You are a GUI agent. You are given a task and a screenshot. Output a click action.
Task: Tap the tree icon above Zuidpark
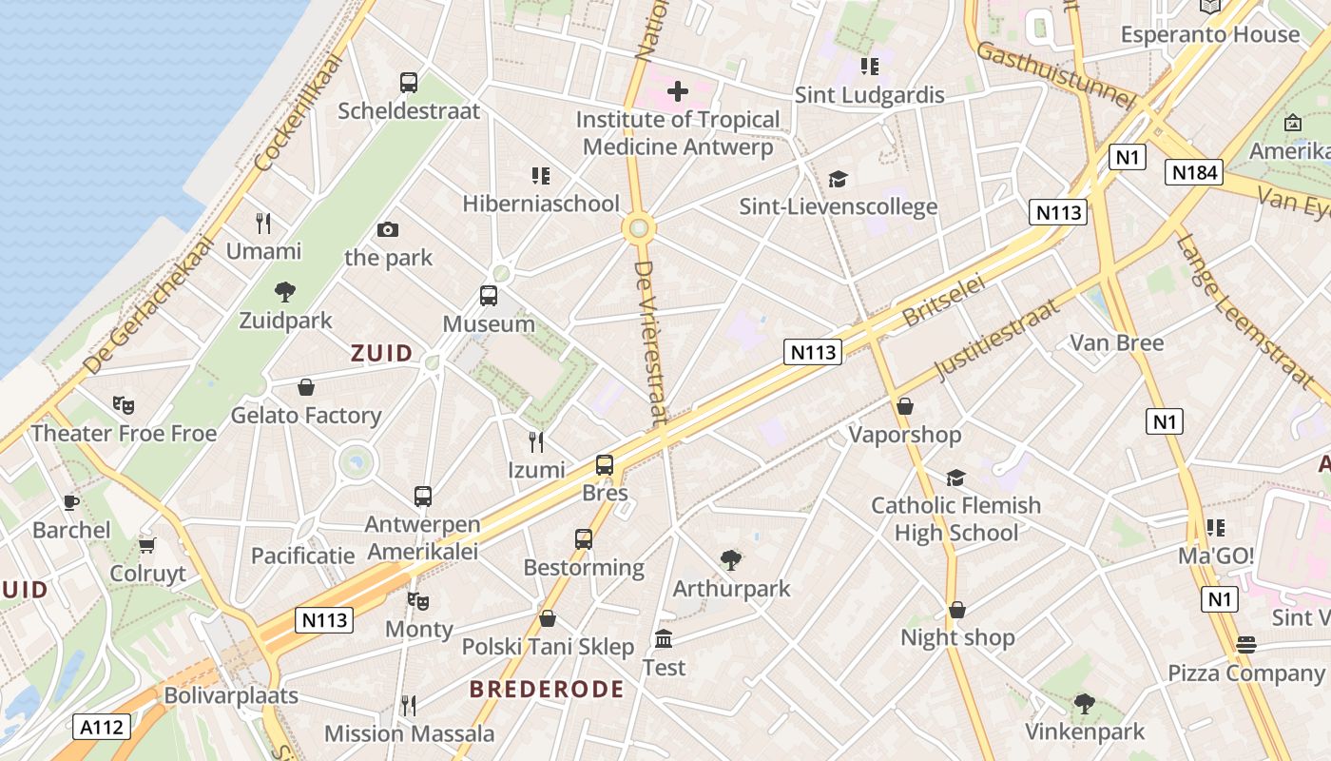(x=284, y=292)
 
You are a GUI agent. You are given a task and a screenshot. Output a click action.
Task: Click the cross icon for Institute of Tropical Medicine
(x=677, y=91)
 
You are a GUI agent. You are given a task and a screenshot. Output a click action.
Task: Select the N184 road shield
(x=1193, y=172)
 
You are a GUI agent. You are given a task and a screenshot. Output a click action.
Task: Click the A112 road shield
(x=102, y=728)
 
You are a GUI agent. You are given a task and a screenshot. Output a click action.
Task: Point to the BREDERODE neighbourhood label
(x=547, y=690)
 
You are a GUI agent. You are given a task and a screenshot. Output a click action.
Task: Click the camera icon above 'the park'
(x=387, y=229)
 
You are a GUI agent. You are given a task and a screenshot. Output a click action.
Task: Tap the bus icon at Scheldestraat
(x=409, y=83)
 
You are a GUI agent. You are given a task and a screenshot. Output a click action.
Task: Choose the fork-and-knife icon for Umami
(x=263, y=224)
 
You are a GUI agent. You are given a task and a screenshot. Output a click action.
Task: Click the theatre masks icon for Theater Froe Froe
(x=124, y=405)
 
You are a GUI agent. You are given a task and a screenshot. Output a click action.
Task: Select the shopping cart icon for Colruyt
(x=147, y=545)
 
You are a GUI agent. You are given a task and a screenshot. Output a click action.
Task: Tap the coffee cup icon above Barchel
(x=70, y=502)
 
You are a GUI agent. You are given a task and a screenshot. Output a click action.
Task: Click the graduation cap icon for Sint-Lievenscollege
(x=838, y=179)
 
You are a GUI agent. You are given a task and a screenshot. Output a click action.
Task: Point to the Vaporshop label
(x=904, y=435)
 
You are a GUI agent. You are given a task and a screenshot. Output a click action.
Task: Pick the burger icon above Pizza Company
(x=1245, y=645)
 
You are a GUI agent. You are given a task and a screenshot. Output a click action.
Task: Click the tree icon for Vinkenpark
(x=1084, y=704)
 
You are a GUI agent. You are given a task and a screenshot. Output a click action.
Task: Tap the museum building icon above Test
(x=664, y=638)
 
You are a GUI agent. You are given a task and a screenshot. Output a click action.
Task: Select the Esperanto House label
(x=1209, y=34)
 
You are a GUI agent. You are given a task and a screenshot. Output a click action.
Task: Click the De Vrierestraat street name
(x=650, y=342)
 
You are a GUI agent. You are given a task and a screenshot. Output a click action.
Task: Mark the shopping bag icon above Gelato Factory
(x=306, y=387)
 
